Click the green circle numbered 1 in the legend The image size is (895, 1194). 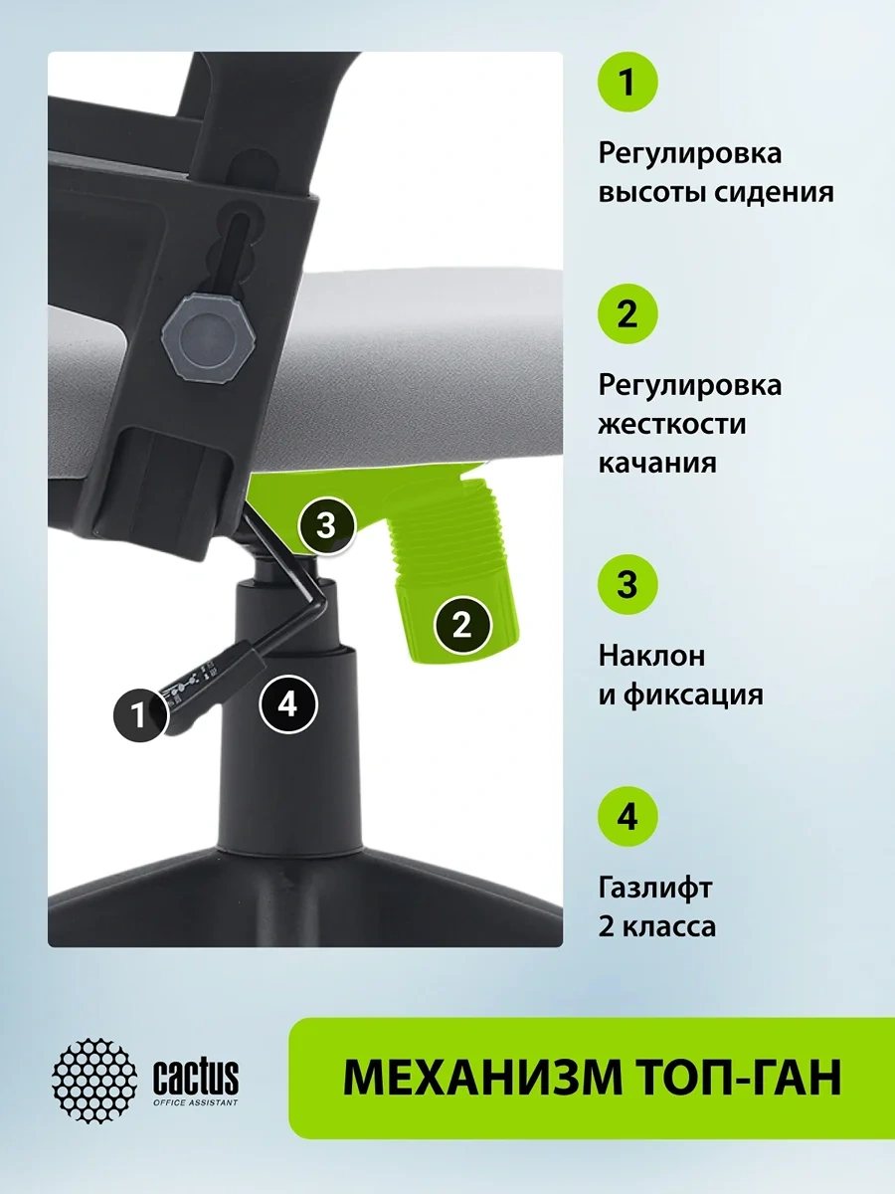(x=627, y=83)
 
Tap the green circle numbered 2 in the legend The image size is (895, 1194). (x=627, y=313)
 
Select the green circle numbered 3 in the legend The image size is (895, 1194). (x=627, y=584)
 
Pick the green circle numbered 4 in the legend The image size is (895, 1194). (x=627, y=816)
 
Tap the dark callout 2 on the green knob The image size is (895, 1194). (x=461, y=625)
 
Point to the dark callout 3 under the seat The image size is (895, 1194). (x=326, y=525)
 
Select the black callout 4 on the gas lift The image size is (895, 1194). (x=287, y=705)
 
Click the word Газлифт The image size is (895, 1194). (x=654, y=887)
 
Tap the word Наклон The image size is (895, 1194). (x=651, y=656)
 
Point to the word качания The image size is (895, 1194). (x=657, y=464)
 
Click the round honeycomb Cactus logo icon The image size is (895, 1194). (x=94, y=1080)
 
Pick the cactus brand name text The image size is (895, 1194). (x=196, y=1077)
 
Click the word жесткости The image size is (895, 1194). (x=672, y=424)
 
